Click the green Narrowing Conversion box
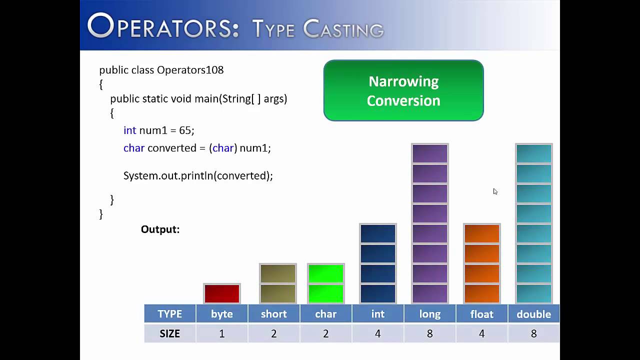pyautogui.click(x=403, y=90)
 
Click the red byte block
pyautogui.click(x=222, y=293)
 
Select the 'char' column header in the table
pyautogui.click(x=325, y=314)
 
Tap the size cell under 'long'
pyautogui.click(x=429, y=333)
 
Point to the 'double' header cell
pyautogui.click(x=533, y=314)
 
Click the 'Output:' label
pyautogui.click(x=160, y=229)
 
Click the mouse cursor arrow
pyautogui.click(x=495, y=191)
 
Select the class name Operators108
pyautogui.click(x=190, y=70)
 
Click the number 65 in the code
pyautogui.click(x=185, y=130)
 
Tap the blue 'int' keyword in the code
pyautogui.click(x=129, y=130)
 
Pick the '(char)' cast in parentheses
pyautogui.click(x=223, y=148)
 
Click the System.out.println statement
pyautogui.click(x=198, y=176)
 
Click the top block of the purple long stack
pyautogui.click(x=430, y=153)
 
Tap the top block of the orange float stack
pyautogui.click(x=482, y=233)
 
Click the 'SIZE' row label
pyautogui.click(x=169, y=333)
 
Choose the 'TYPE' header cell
pyautogui.click(x=169, y=314)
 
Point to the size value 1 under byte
pyautogui.click(x=222, y=333)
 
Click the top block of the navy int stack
pyautogui.click(x=378, y=233)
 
